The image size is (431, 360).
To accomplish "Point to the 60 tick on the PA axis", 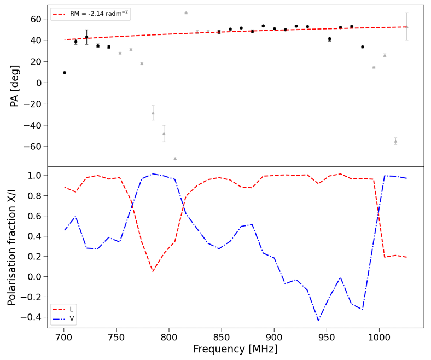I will [x=36, y=19].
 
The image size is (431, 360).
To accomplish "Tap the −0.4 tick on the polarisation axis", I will [x=34, y=317].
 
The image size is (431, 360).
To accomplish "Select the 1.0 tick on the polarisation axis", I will [x=36, y=176].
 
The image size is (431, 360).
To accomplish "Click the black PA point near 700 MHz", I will [x=65, y=72].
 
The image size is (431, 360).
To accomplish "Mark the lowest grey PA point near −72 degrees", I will [x=175, y=159].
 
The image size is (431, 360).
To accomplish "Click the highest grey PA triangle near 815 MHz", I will [x=186, y=13].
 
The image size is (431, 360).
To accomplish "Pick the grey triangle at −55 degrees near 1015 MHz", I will [x=395, y=141].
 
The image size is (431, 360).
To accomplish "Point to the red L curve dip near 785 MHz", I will [x=153, y=271].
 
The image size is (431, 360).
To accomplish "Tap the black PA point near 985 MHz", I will [x=363, y=47].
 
